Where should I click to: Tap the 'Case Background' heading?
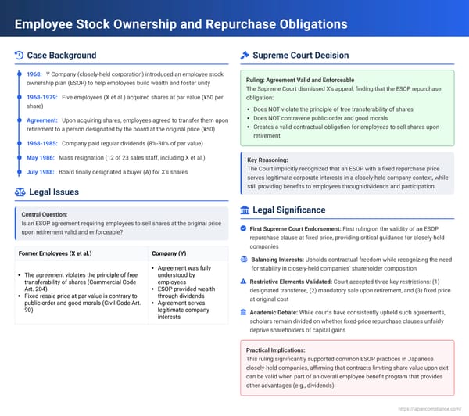click(x=62, y=56)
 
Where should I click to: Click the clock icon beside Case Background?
click(x=20, y=56)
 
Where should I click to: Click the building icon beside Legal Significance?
click(x=245, y=210)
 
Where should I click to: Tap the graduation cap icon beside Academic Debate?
click(x=244, y=310)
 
